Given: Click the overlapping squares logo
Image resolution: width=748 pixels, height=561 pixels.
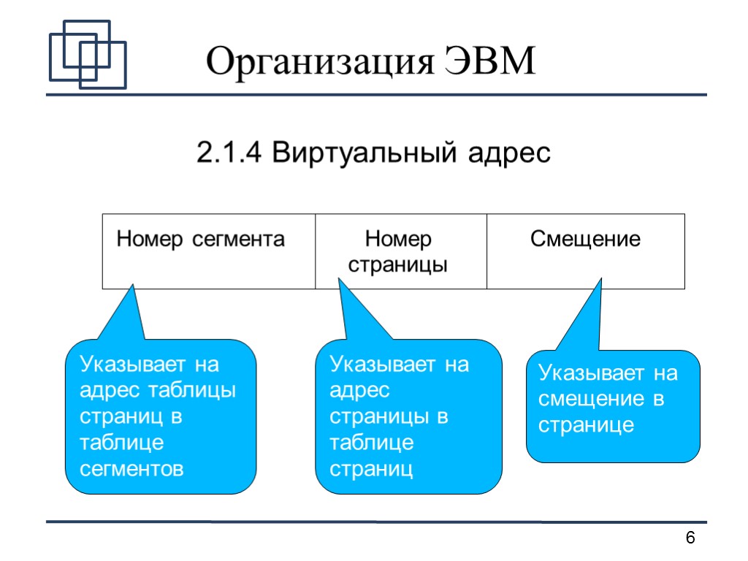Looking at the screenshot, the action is [87, 54].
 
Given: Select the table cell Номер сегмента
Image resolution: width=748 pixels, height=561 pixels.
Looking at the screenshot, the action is [208, 251].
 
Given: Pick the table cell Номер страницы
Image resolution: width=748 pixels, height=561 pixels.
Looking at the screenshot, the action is [400, 251].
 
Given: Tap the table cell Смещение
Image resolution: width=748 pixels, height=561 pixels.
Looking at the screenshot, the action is [585, 251].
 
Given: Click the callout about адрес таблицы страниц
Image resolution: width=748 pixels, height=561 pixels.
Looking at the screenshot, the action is [161, 416].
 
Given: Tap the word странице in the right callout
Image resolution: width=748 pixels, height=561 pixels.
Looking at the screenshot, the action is [586, 425].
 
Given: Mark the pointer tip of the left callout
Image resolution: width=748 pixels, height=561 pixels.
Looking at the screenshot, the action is [132, 286].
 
